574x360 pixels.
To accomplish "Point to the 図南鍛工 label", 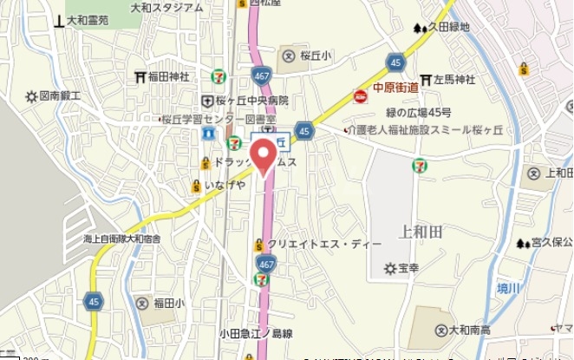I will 59,96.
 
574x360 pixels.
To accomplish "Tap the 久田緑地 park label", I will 448,28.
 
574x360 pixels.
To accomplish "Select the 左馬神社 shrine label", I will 452,81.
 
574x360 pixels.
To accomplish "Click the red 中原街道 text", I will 396,88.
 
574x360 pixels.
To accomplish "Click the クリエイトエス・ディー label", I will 319,245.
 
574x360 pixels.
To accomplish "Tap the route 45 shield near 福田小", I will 93,300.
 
